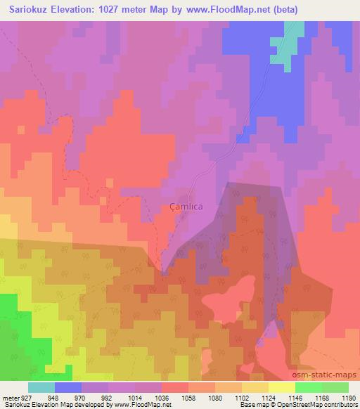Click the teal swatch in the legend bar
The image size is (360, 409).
tap(41, 387)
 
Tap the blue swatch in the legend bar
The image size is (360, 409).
tap(68, 387)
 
